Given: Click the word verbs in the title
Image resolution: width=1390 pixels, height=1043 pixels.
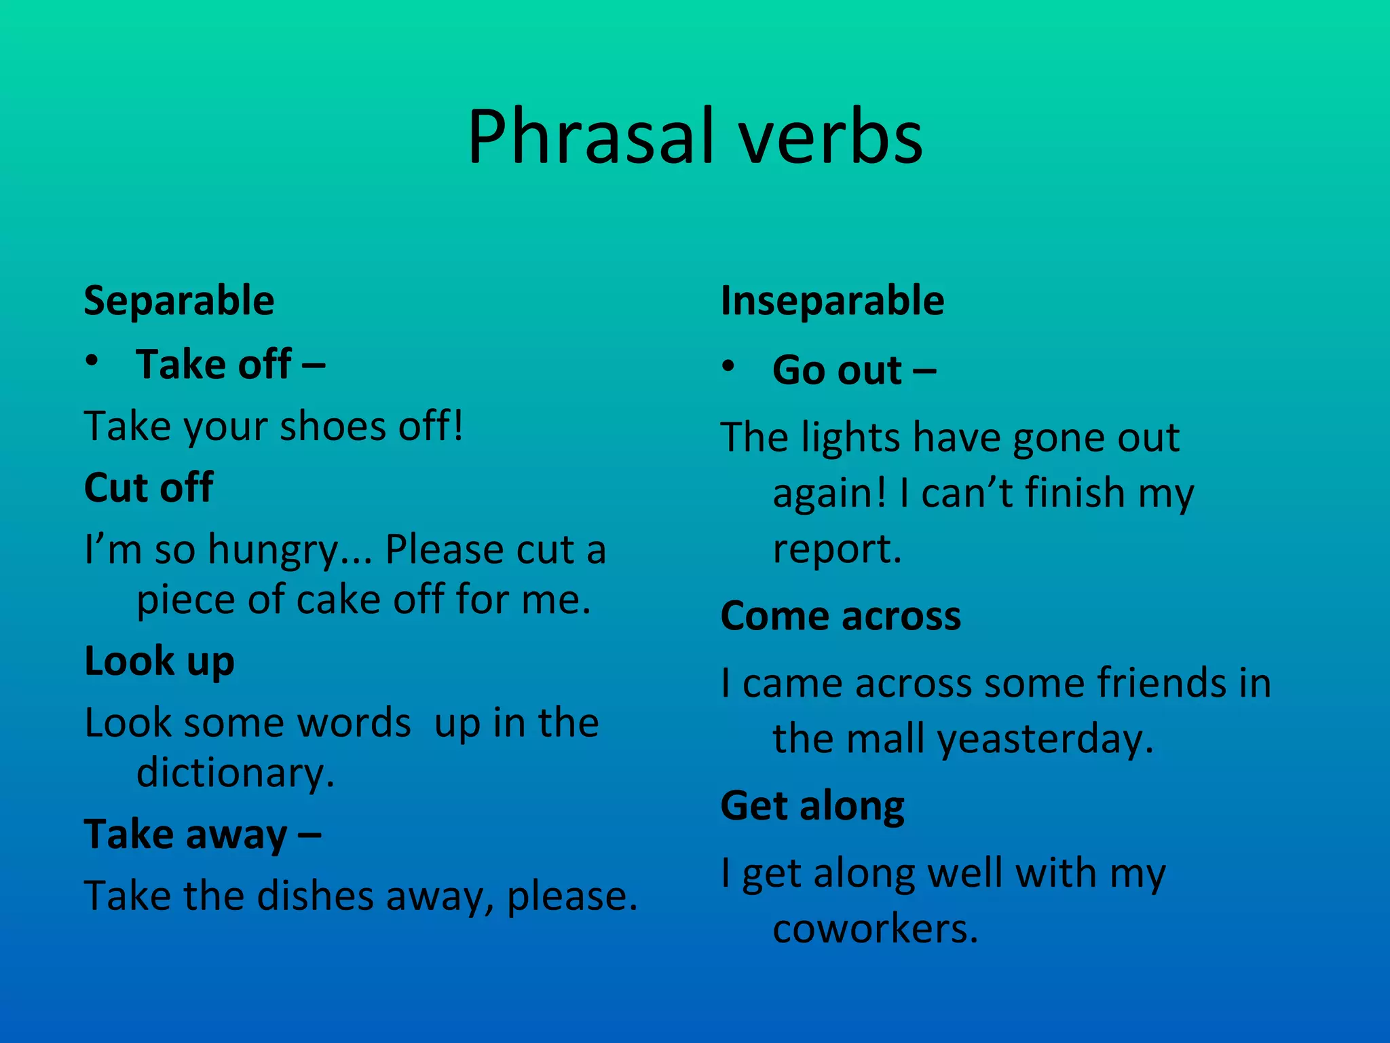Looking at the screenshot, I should tap(831, 138).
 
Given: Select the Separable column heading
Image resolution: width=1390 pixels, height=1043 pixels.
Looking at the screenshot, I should tap(179, 301).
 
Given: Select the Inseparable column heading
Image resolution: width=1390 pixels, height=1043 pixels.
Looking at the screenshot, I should tap(832, 301).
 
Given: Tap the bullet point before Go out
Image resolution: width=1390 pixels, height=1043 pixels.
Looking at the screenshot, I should tap(728, 367).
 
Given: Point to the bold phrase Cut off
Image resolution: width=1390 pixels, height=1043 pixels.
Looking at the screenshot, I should tap(149, 487).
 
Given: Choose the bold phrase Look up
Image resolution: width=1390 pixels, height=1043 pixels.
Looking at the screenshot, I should tap(159, 661).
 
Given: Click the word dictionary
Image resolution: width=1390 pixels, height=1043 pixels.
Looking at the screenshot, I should tap(235, 773).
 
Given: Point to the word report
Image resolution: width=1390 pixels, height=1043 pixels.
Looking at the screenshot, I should tap(837, 549).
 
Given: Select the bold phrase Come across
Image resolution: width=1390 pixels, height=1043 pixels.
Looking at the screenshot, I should tap(840, 616).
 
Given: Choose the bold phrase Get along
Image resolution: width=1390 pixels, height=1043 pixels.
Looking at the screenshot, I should tap(812, 806).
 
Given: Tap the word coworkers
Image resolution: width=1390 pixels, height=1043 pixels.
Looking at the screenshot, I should tap(875, 928).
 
